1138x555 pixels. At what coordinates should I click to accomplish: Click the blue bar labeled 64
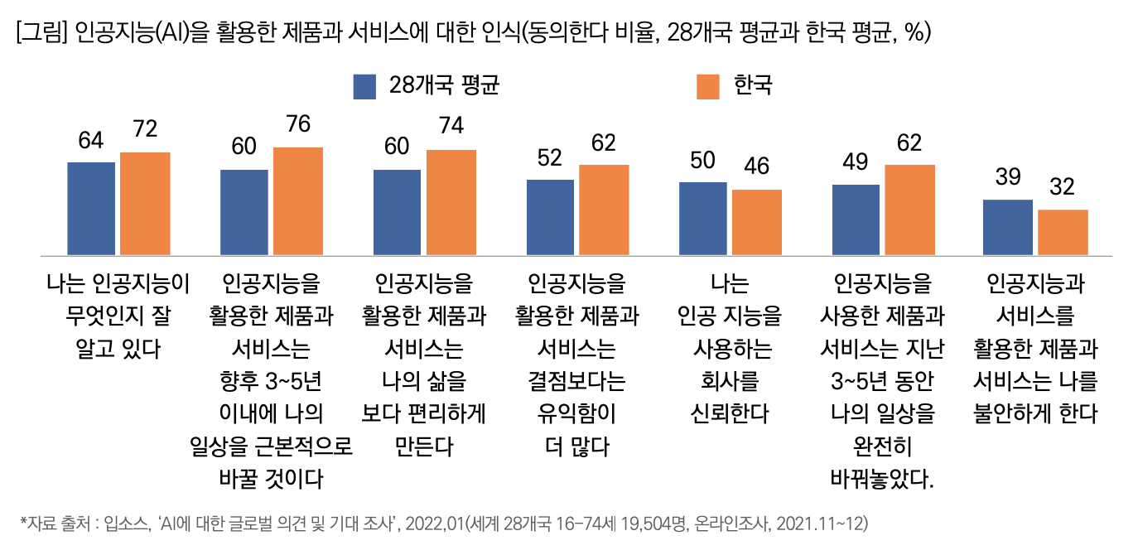(x=91, y=209)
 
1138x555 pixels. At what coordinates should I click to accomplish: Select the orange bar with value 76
(x=298, y=201)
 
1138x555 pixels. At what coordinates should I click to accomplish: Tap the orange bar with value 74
(x=451, y=202)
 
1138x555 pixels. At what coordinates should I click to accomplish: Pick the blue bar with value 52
(x=550, y=217)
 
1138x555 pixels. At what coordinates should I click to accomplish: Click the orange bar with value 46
(x=757, y=222)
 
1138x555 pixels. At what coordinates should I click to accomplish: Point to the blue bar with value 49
(x=856, y=220)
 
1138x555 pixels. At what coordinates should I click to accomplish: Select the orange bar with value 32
(x=1063, y=232)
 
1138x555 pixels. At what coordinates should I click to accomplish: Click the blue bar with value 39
(x=1008, y=227)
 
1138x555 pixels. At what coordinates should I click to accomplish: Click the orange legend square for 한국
(x=708, y=87)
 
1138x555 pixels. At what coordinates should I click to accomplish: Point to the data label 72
(x=145, y=130)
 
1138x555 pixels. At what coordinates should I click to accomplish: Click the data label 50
(x=702, y=160)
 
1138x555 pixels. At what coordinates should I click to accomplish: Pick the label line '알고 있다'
(x=117, y=349)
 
